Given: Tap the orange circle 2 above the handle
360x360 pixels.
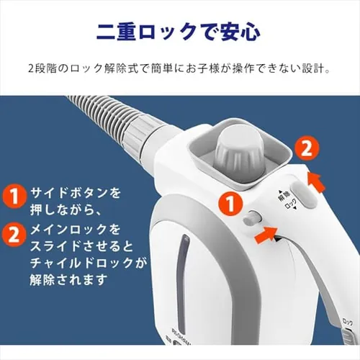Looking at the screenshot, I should click(305, 150).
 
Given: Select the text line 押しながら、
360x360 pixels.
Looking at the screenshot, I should click(66, 212).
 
